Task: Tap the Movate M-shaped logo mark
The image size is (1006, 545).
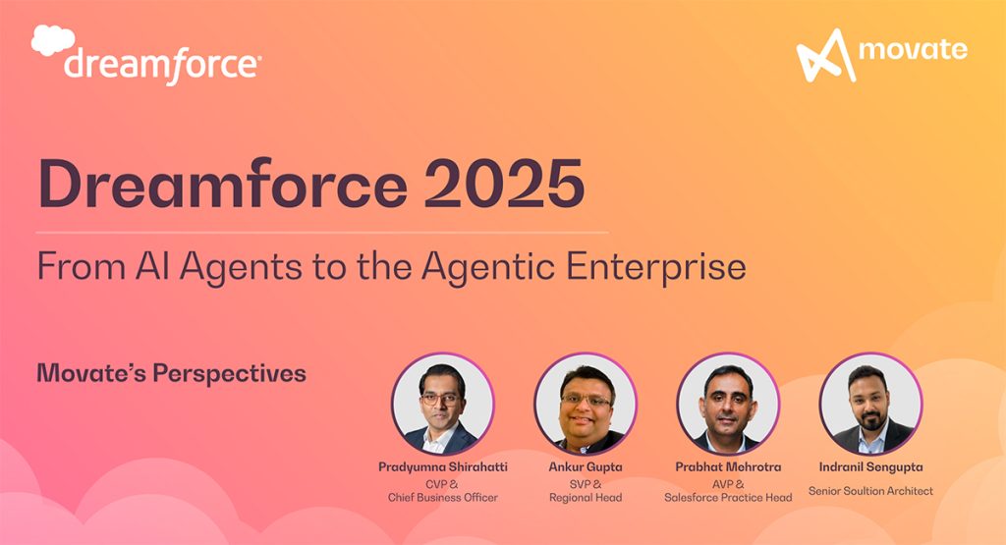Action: pyautogui.click(x=824, y=55)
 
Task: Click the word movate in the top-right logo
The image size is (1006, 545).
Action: pyautogui.click(x=912, y=48)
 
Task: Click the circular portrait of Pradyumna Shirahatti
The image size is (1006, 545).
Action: pyautogui.click(x=442, y=404)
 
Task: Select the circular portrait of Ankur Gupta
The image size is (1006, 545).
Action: pyautogui.click(x=586, y=404)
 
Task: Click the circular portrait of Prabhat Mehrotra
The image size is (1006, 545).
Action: pyautogui.click(x=728, y=404)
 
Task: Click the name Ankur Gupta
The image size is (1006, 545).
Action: pyautogui.click(x=586, y=467)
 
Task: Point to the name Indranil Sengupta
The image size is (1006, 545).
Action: pyautogui.click(x=870, y=467)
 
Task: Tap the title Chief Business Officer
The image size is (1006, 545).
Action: pyautogui.click(x=442, y=498)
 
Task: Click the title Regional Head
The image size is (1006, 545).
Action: pyautogui.click(x=586, y=498)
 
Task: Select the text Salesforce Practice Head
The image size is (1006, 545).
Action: pyautogui.click(x=728, y=498)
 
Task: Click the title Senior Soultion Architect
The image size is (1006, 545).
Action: pyautogui.click(x=870, y=490)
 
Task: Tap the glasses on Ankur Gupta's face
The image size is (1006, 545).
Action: pyautogui.click(x=586, y=401)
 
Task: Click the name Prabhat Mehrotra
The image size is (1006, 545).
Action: pyautogui.click(x=728, y=467)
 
